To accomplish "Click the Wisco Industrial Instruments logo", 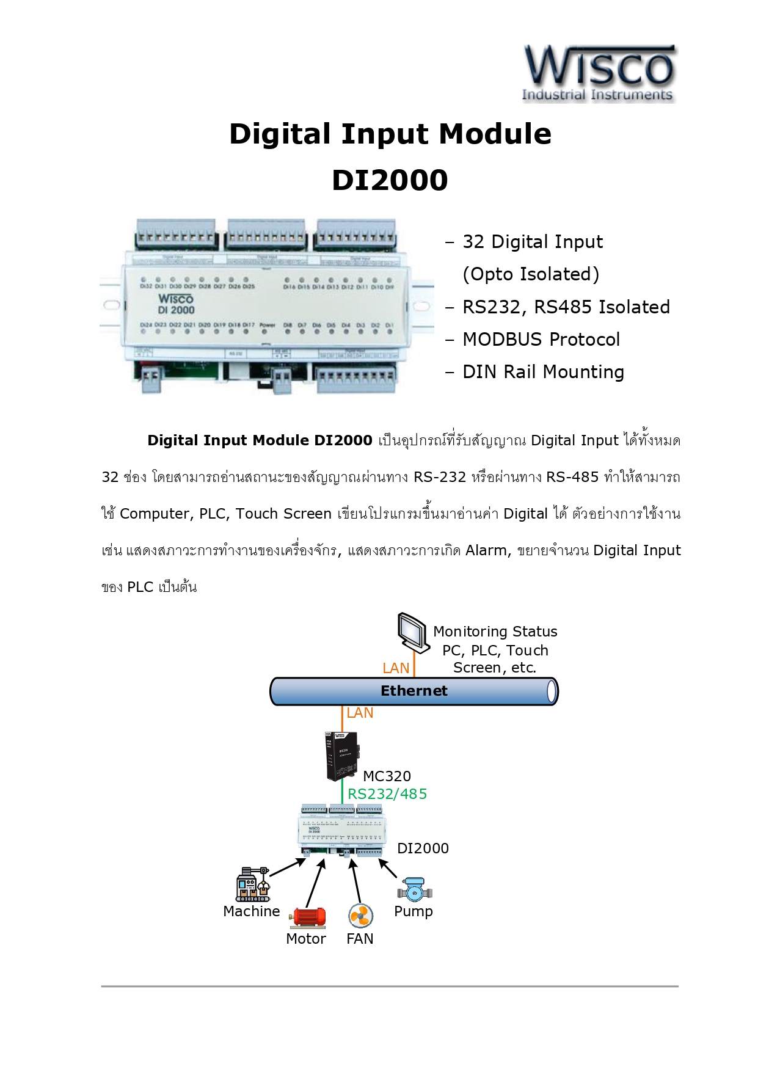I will [599, 73].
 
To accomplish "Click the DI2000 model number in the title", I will [390, 180].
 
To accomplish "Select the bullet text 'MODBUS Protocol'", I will [541, 340].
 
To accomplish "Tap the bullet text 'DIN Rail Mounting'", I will [543, 372].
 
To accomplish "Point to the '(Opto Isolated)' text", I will [531, 274].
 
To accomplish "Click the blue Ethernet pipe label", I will [414, 691].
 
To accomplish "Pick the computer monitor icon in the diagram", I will [412, 632].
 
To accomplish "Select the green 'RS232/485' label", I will [387, 794].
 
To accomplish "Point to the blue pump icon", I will [415, 891].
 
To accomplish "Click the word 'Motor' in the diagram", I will [306, 939].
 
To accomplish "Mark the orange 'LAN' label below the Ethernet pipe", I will [360, 713].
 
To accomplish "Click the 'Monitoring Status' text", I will [495, 632].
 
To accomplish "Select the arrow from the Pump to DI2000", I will [388, 869].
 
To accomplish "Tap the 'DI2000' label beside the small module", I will [423, 848].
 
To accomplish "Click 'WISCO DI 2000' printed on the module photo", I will [176, 304].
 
